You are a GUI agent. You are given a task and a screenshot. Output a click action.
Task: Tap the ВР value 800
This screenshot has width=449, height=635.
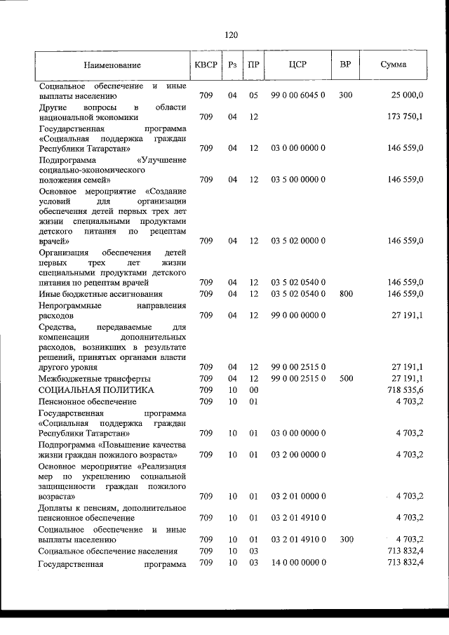[x=345, y=294]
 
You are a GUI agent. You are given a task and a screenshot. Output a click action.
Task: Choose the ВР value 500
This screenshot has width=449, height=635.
[x=345, y=377]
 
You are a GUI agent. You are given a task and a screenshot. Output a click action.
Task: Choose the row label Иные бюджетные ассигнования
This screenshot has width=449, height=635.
[x=101, y=294]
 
